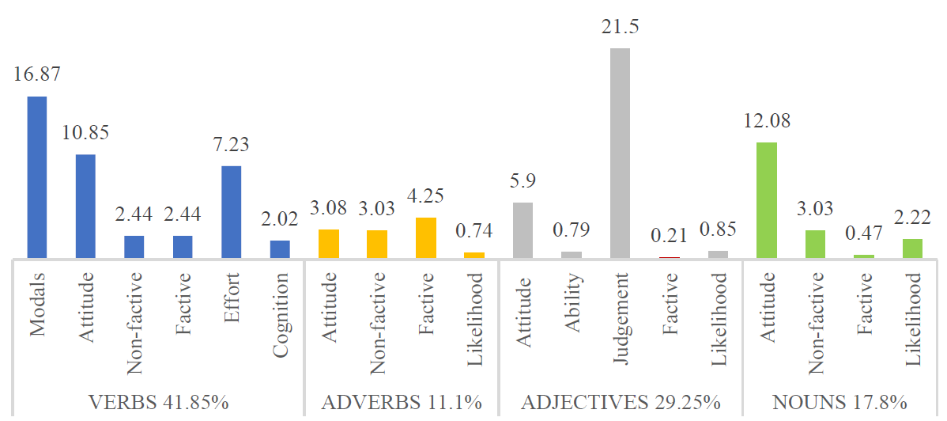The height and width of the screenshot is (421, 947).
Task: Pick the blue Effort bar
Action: click(231, 211)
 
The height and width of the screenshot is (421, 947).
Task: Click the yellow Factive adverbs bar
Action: click(425, 237)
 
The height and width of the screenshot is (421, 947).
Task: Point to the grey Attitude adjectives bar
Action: click(523, 229)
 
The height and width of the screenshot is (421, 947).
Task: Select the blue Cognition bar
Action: click(280, 248)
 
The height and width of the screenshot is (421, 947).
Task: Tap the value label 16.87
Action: click(37, 75)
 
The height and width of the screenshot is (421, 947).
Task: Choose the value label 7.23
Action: click(231, 145)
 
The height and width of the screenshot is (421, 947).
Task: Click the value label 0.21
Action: click(669, 236)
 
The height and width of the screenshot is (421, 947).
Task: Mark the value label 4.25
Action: click(425, 196)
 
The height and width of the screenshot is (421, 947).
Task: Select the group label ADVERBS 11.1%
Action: click(402, 402)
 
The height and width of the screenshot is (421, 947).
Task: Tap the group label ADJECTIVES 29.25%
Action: click(621, 402)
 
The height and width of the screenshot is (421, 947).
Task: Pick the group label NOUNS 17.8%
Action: click(839, 402)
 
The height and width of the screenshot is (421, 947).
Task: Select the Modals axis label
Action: click(38, 304)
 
